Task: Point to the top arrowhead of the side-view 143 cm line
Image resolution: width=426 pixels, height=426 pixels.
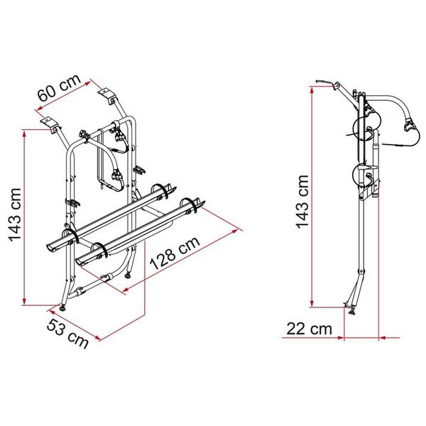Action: point(312,87)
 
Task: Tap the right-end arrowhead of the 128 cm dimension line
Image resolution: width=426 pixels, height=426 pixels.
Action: point(236,229)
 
